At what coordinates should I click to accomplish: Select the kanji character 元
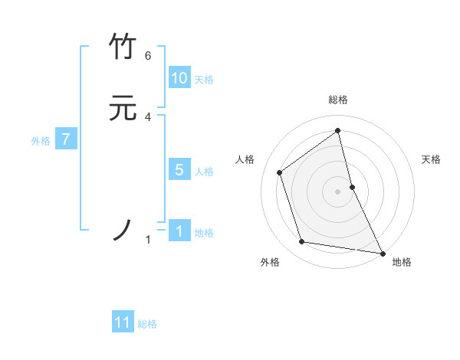point(123,109)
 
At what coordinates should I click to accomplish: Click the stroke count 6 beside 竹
point(148,56)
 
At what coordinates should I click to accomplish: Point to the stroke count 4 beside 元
point(148,117)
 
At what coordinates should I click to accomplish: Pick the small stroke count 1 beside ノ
point(148,241)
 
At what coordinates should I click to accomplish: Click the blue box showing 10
point(179,78)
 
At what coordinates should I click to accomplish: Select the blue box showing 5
point(179,170)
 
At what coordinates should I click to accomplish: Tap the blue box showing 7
point(67,139)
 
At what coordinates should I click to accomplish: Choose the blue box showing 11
point(123,322)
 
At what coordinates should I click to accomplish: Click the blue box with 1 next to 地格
point(179,231)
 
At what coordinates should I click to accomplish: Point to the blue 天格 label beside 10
point(204,80)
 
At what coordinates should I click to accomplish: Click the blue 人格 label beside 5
point(204,172)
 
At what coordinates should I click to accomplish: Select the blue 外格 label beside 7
point(41,141)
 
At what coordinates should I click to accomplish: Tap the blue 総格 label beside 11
point(147,324)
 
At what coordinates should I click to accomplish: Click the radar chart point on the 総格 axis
point(338,130)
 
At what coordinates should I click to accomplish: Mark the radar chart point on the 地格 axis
point(381,251)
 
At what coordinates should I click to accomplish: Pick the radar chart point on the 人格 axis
point(280,172)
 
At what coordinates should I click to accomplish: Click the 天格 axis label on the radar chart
point(431,159)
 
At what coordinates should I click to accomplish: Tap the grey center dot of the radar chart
point(338,191)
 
